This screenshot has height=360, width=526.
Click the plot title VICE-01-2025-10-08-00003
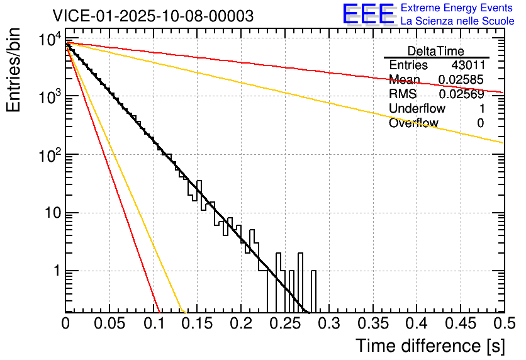153,16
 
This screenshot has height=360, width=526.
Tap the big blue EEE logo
368,14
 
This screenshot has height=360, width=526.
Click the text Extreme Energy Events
457,8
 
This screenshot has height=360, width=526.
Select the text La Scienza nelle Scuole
457,21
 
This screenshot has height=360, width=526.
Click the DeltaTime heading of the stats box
436,51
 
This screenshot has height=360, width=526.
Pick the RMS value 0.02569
461,94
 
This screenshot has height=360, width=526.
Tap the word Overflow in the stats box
413,123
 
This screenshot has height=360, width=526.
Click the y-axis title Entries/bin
14,71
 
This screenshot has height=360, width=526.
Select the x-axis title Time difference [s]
428,346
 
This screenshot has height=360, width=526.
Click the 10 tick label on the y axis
50,213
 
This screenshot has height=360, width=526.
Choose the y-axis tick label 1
54,271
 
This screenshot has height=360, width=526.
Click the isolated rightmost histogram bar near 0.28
314,291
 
